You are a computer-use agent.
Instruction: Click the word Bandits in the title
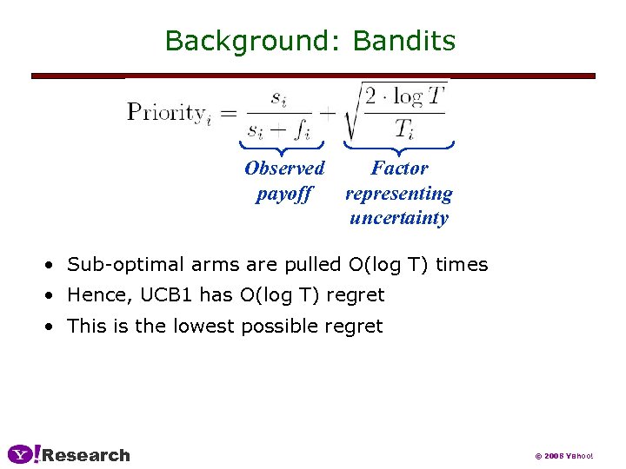click(x=404, y=41)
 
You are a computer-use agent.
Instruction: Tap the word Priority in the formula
click(x=167, y=112)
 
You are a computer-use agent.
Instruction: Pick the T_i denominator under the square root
click(x=404, y=129)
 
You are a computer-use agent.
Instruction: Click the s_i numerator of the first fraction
click(x=279, y=97)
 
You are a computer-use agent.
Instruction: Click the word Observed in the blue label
click(x=284, y=168)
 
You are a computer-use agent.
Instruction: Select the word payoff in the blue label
click(x=283, y=193)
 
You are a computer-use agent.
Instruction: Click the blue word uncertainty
click(x=399, y=217)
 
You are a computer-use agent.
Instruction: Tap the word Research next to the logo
click(x=86, y=455)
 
